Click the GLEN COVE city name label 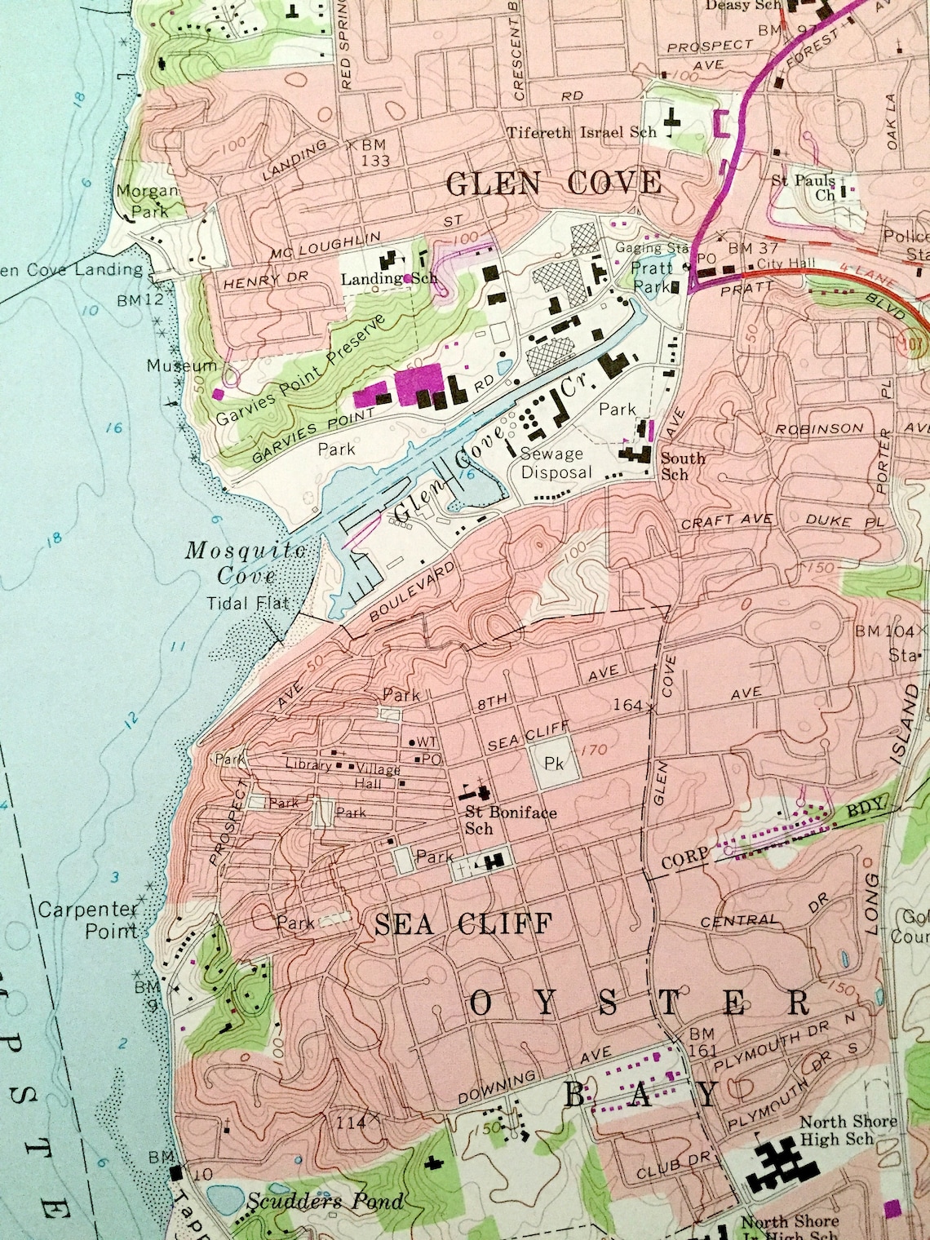554,183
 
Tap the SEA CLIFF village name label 463,923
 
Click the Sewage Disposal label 552,463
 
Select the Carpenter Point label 89,919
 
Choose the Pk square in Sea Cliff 555,764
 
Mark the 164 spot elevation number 627,704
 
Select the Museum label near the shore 182,366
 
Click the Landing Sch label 378,279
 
